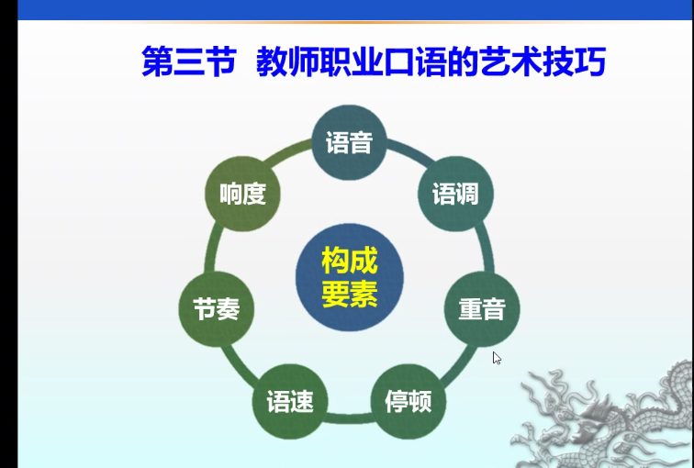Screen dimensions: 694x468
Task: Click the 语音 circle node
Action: (x=349, y=142)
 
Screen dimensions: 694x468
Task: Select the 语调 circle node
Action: (x=455, y=194)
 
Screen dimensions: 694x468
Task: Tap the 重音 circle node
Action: (x=482, y=308)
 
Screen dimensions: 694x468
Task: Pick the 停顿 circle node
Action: (x=409, y=401)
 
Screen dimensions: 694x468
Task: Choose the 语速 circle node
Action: (x=290, y=401)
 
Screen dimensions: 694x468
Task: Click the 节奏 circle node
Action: (x=217, y=308)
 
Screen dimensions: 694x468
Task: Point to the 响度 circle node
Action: (x=242, y=194)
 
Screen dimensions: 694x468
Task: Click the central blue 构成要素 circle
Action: (x=350, y=277)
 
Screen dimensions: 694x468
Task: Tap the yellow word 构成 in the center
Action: (x=350, y=261)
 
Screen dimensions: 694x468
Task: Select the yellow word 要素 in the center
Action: (x=350, y=294)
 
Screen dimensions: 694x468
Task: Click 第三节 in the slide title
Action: (x=189, y=61)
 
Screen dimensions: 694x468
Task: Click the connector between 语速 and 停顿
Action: (x=349, y=418)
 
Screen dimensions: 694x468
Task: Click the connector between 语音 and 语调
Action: (x=409, y=151)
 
